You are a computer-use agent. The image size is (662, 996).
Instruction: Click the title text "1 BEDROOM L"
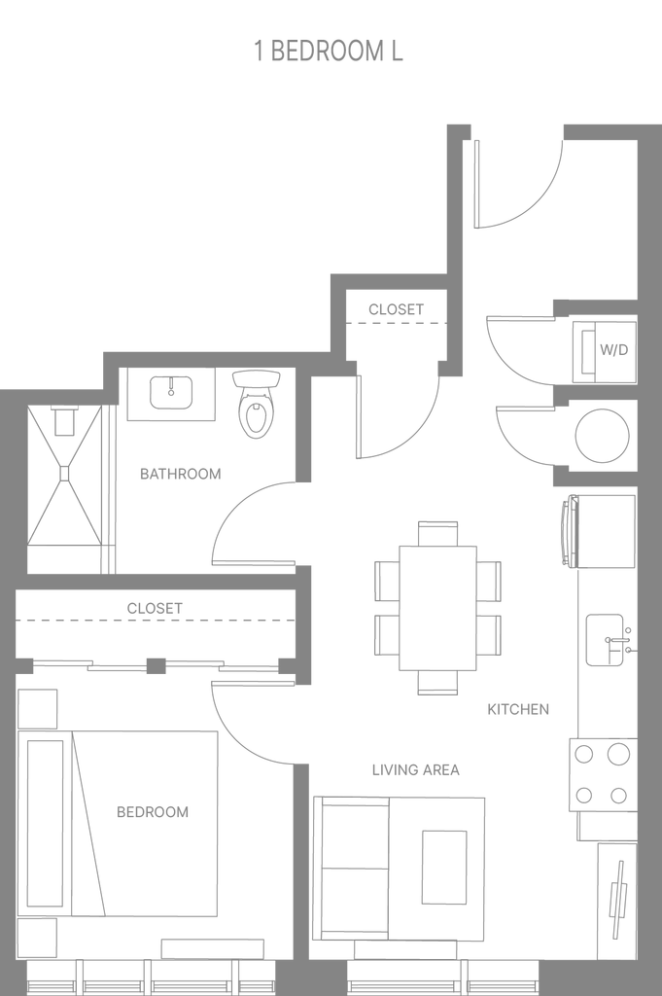click(x=329, y=53)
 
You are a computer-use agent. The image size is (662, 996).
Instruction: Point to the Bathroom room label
click(x=180, y=475)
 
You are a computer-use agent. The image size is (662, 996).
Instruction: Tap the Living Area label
click(x=415, y=770)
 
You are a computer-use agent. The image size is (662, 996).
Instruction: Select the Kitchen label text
click(x=518, y=710)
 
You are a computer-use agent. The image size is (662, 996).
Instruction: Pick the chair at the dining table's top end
click(x=438, y=533)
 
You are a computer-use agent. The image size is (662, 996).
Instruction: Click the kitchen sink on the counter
click(x=604, y=640)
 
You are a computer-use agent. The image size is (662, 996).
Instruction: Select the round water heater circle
click(x=602, y=434)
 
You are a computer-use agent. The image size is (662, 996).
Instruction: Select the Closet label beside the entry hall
click(x=396, y=309)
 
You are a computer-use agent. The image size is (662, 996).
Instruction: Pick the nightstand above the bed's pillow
click(x=39, y=707)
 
